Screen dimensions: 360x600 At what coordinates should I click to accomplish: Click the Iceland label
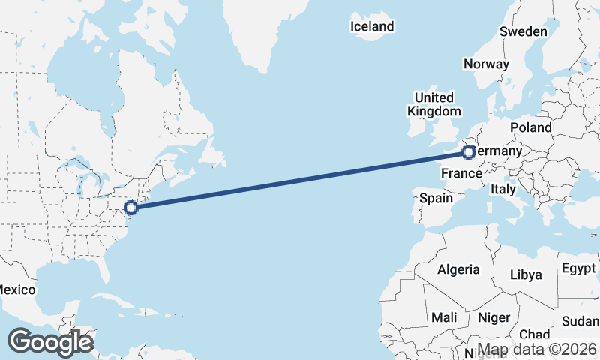point(372,27)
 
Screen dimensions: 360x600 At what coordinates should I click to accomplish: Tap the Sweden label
point(523,32)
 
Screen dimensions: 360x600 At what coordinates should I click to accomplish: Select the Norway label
point(486,64)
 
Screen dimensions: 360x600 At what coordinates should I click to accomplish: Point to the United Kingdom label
point(434,104)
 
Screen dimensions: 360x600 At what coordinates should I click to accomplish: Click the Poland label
point(530,128)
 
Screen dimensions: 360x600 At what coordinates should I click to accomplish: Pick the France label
point(460,174)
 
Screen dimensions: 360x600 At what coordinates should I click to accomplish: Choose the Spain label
point(436,199)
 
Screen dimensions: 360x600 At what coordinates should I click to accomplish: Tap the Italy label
point(503,190)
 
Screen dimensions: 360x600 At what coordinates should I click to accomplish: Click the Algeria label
point(458,269)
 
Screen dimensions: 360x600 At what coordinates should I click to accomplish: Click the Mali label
point(444,317)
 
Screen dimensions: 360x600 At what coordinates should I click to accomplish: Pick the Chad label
point(534,334)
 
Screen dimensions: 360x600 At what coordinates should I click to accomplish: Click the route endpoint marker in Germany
point(469,153)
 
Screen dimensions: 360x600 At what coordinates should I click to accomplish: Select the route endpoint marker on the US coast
point(130,208)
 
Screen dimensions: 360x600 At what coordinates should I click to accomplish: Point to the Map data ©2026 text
point(538,349)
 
